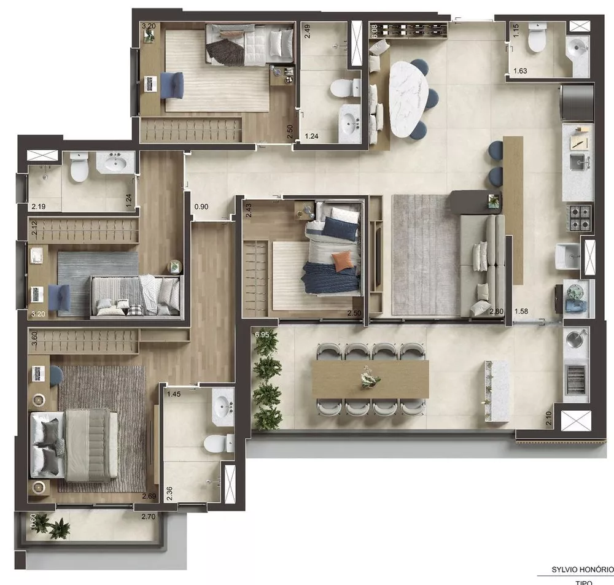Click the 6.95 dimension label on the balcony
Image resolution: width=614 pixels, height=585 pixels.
click(262, 335)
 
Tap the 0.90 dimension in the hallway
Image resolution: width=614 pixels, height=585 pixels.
click(201, 207)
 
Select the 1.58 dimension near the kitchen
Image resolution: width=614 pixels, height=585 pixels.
click(522, 312)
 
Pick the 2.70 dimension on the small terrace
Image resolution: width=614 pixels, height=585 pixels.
click(148, 517)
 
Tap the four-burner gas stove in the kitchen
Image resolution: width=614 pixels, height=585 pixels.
click(580, 217)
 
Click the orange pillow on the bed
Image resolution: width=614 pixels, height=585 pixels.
click(344, 261)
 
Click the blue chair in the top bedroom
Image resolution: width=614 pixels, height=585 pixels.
click(172, 83)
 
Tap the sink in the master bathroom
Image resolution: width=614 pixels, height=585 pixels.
click(222, 406)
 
